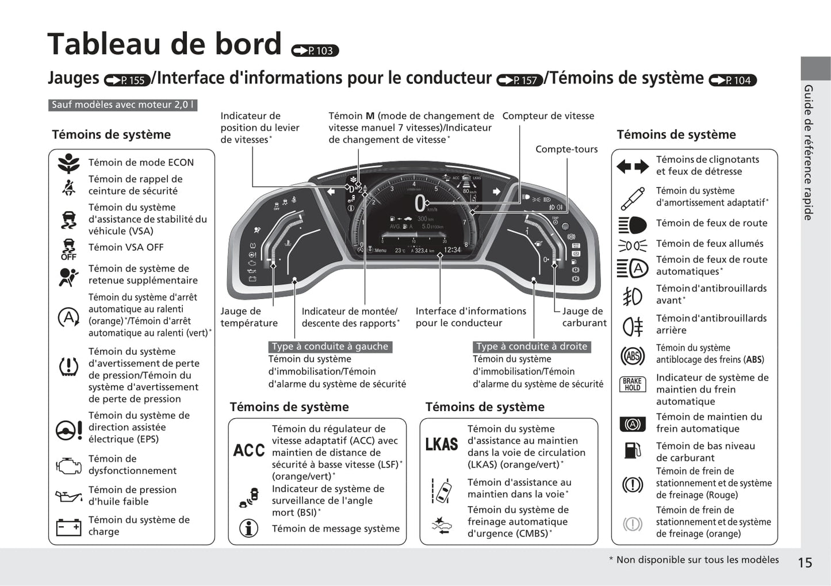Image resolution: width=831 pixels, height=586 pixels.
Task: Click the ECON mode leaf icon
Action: click(x=68, y=163)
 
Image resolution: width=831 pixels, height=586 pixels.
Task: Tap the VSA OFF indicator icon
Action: click(x=68, y=249)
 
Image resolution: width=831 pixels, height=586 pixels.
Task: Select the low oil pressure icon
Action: click(x=68, y=495)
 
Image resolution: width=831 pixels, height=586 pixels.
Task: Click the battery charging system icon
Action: click(x=68, y=526)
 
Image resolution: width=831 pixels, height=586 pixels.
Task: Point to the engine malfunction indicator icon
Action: click(x=68, y=465)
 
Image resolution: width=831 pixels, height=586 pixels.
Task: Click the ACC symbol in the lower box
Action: click(x=249, y=450)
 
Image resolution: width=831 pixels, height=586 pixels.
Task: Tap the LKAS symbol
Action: click(x=442, y=444)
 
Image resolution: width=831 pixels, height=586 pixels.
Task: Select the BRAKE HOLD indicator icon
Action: click(x=632, y=384)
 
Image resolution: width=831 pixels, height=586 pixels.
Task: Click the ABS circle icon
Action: click(x=632, y=356)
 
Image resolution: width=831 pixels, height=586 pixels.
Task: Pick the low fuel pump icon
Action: click(x=632, y=450)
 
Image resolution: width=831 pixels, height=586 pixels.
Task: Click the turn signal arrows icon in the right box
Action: click(x=632, y=167)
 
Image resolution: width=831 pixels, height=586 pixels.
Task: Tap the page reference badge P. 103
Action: click(x=315, y=51)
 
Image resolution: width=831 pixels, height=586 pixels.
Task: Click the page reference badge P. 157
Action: click(x=520, y=81)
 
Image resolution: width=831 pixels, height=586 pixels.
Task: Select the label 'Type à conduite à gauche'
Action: click(x=330, y=346)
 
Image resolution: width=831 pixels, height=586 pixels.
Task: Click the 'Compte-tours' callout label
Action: click(x=566, y=149)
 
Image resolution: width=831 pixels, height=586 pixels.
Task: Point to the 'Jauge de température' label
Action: click(x=249, y=317)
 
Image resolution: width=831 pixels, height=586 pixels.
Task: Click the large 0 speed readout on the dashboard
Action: click(x=420, y=204)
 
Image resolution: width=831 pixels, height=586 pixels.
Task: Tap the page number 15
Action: click(x=805, y=562)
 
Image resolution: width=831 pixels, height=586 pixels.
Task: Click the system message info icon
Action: click(x=248, y=528)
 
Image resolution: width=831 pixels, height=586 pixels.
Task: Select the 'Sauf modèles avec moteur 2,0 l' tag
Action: click(x=123, y=105)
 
